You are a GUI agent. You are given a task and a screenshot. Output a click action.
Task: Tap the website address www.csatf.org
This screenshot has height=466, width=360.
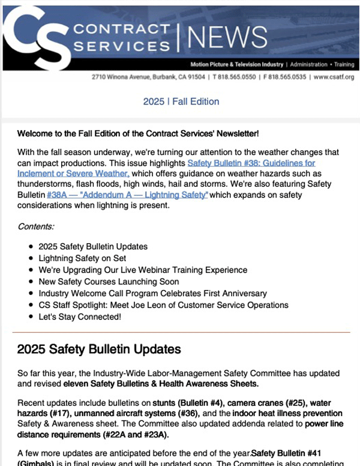[x=334, y=77]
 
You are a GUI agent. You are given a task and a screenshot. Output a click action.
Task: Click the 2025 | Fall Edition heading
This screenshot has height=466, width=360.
[x=181, y=101]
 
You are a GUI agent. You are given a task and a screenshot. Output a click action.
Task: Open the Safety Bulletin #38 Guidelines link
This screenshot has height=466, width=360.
[x=251, y=163]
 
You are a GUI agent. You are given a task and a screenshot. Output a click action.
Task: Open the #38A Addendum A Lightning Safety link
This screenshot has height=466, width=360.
[x=127, y=195]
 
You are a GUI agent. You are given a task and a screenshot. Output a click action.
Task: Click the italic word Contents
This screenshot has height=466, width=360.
[x=36, y=226]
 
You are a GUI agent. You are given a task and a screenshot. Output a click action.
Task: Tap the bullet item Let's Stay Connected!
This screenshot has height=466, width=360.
[x=80, y=316]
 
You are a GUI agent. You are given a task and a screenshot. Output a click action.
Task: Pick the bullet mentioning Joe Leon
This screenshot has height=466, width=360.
[x=163, y=305]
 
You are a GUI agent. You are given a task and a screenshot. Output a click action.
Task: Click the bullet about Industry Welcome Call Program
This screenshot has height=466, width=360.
[x=152, y=293]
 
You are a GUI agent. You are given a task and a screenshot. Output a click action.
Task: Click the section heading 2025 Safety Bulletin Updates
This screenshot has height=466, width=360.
[x=98, y=349]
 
